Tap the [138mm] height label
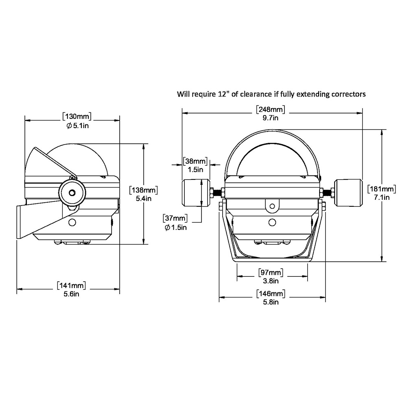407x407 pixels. [x=143, y=190]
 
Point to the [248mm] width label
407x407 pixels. [x=271, y=109]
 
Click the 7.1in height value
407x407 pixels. [x=381, y=197]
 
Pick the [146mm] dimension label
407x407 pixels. [x=271, y=293]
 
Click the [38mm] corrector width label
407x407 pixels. [x=195, y=161]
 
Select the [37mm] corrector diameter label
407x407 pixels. [x=175, y=219]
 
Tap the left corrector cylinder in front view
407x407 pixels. [x=195, y=193]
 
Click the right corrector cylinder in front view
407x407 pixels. [x=348, y=193]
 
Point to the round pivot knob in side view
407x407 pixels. [x=72, y=193]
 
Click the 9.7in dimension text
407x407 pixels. [x=271, y=118]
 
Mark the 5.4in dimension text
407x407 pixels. [x=143, y=198]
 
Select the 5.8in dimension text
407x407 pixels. [x=271, y=302]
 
